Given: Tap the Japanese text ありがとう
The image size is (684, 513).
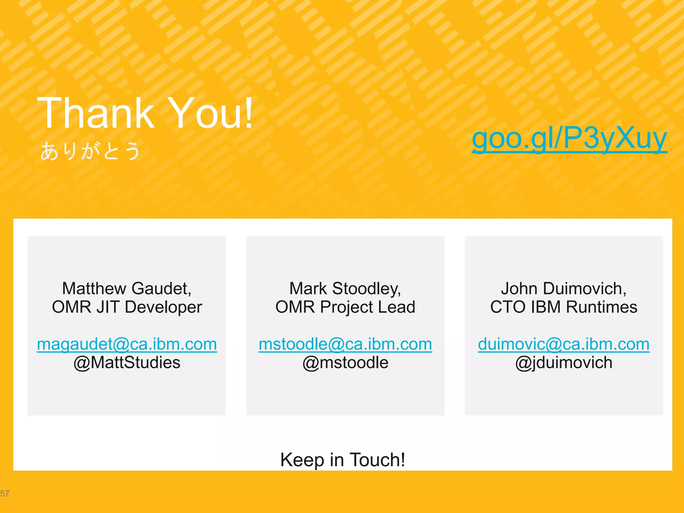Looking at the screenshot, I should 90,151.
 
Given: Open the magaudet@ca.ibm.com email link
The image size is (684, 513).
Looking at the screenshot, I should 127,344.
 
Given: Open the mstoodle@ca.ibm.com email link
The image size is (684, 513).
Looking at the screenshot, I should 345,344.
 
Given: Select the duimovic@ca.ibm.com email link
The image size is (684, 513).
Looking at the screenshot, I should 564,344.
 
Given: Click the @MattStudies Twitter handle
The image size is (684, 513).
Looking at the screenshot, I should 127,363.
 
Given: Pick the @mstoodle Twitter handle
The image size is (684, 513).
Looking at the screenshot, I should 345,363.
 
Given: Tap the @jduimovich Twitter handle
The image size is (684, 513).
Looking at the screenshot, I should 564,363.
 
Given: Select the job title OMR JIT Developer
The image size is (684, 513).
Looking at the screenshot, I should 127,307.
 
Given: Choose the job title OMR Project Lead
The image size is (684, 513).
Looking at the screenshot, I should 345,307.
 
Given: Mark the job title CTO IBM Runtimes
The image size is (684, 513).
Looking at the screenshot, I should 564,307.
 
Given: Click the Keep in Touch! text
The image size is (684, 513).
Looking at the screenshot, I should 343,460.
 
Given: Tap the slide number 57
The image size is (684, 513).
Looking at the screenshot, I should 5,494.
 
